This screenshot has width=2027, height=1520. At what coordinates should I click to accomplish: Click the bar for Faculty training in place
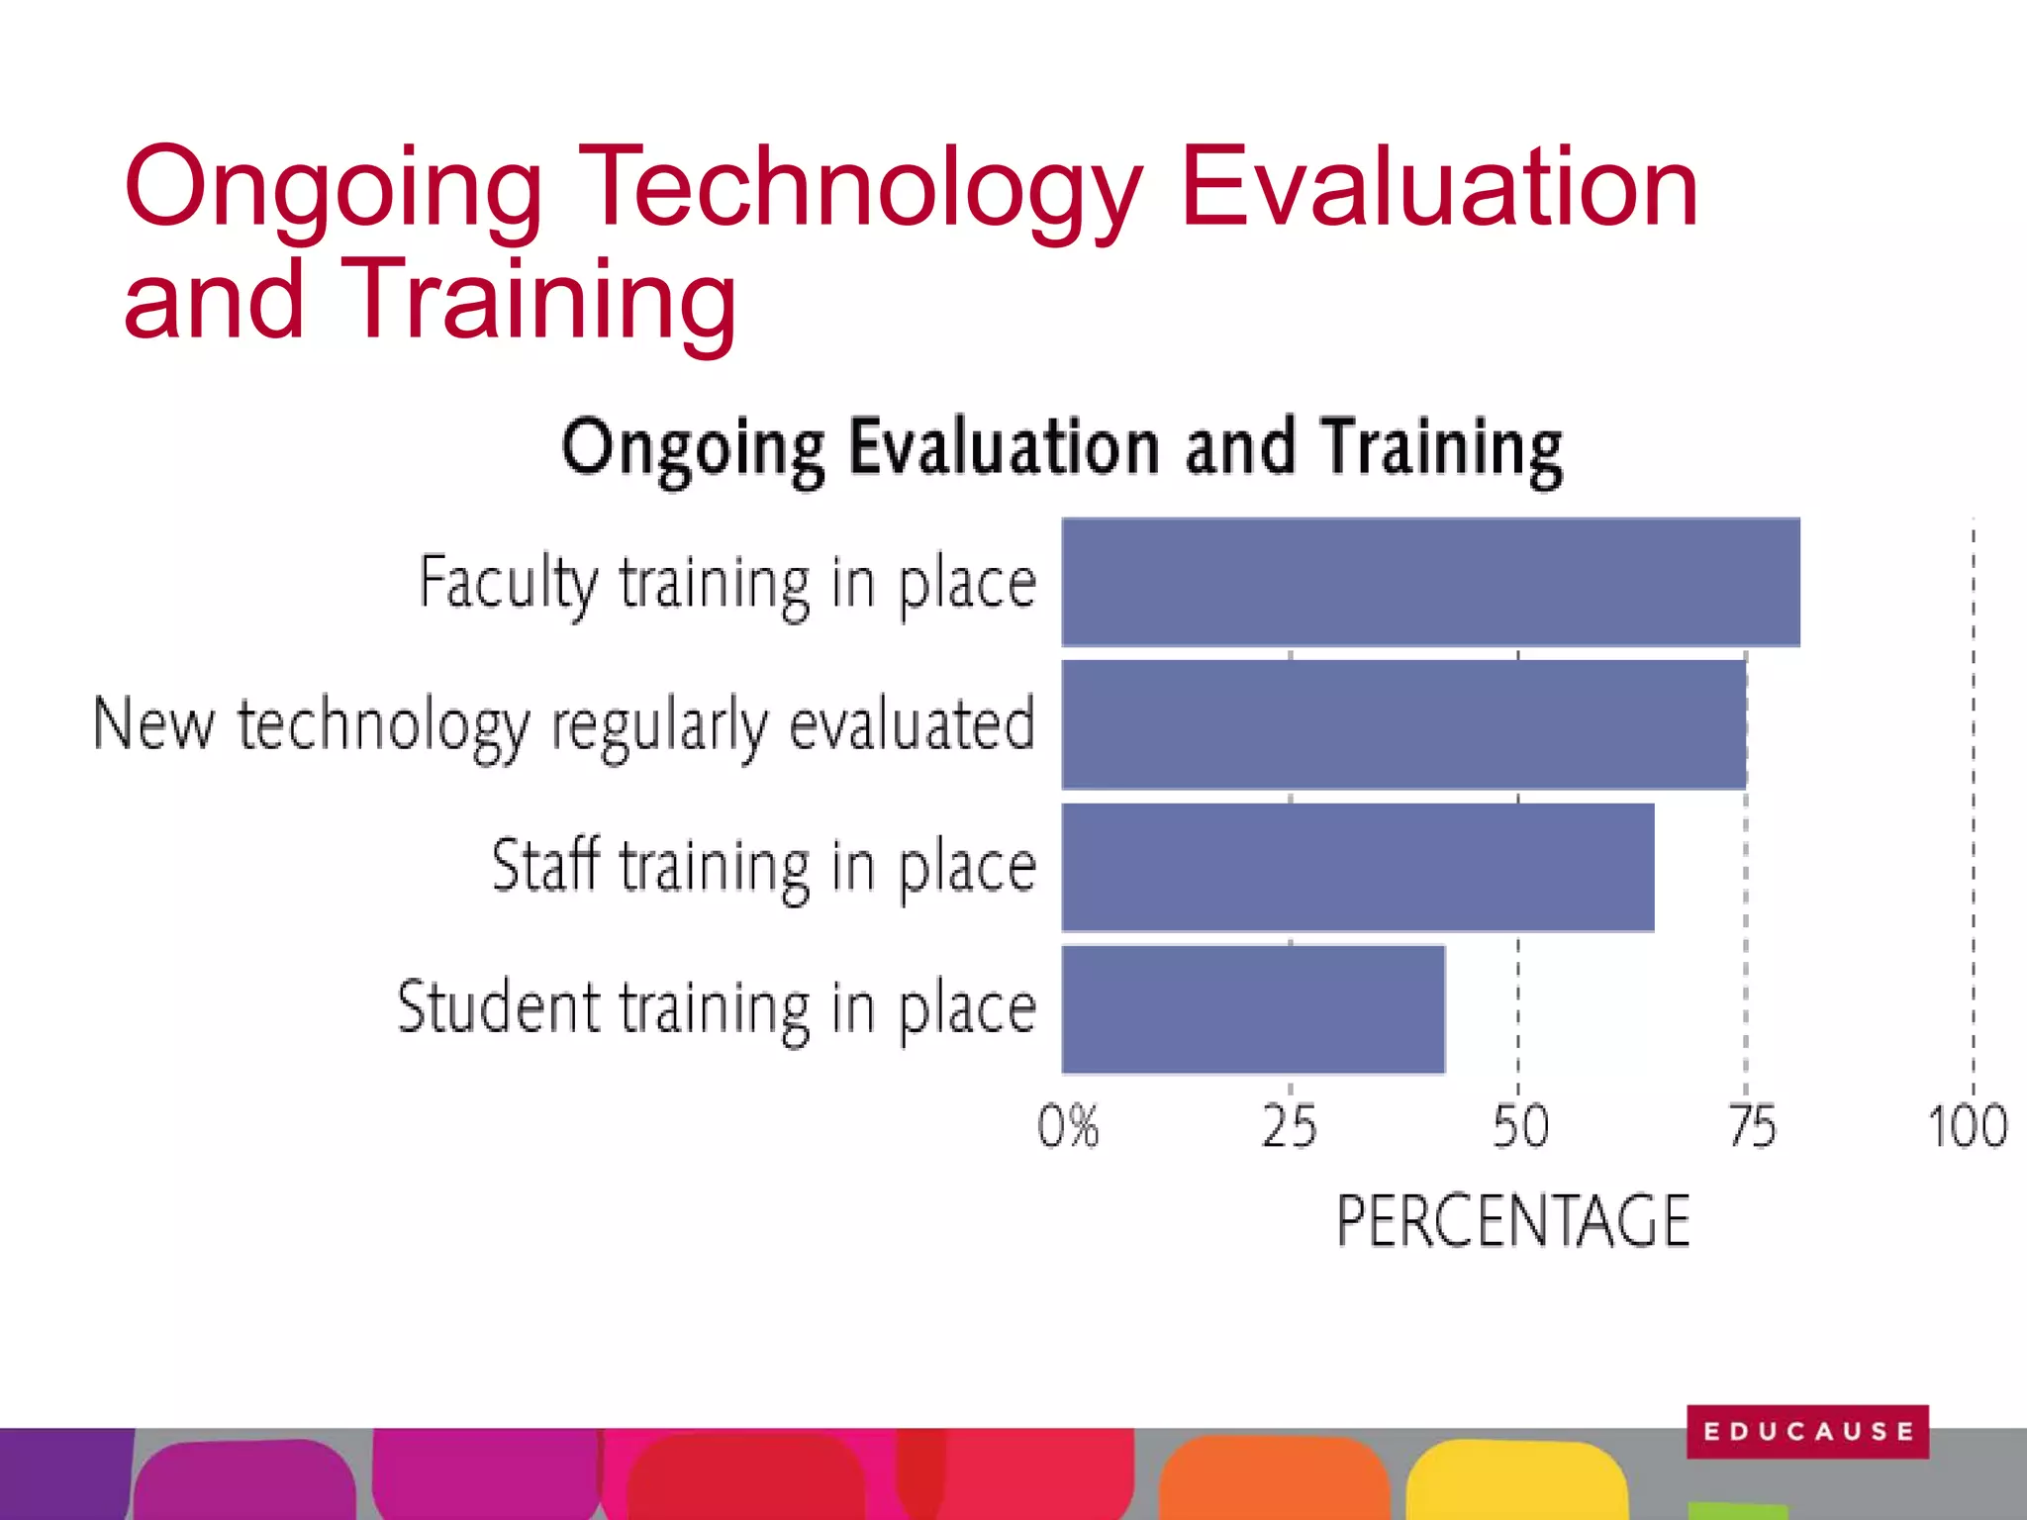coord(1430,582)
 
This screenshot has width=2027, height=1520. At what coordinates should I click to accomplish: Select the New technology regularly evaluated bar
coord(1403,724)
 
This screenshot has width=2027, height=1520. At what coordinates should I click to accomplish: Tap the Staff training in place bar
coord(1358,867)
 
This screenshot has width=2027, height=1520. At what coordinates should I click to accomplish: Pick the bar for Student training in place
coord(1253,1009)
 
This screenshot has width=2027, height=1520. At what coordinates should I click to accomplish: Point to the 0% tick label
coord(1068,1126)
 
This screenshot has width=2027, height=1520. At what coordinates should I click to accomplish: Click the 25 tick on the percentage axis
coord(1289,1126)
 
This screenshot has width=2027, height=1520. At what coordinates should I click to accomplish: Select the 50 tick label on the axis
coord(1520,1126)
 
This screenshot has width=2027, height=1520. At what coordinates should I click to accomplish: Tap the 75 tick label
coord(1752,1126)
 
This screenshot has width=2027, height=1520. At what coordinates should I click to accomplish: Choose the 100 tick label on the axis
coord(1968,1126)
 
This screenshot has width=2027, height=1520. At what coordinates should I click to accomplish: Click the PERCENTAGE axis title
coord(1512,1220)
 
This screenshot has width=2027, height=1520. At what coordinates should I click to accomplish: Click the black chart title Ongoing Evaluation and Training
coord(1061,448)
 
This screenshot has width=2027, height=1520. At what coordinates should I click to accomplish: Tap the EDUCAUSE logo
coord(1807,1431)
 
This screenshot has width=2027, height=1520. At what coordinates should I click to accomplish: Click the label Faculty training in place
coord(727,583)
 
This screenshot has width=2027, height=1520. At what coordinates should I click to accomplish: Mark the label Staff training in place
coord(764,867)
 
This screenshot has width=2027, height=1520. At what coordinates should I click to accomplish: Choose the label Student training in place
coord(717,1008)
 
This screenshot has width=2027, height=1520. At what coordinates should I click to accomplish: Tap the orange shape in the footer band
coord(1275,1480)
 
